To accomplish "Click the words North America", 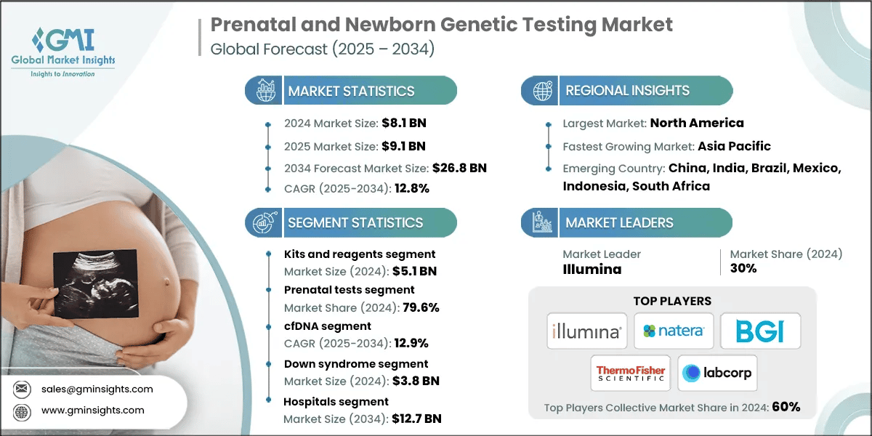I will (x=696, y=123).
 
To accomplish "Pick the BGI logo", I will (x=760, y=331).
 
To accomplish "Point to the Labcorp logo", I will (x=716, y=374).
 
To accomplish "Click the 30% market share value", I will (x=743, y=268).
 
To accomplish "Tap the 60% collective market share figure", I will (x=785, y=407).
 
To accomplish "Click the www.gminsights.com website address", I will (x=92, y=411).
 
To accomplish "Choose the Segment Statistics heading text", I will (x=355, y=222).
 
